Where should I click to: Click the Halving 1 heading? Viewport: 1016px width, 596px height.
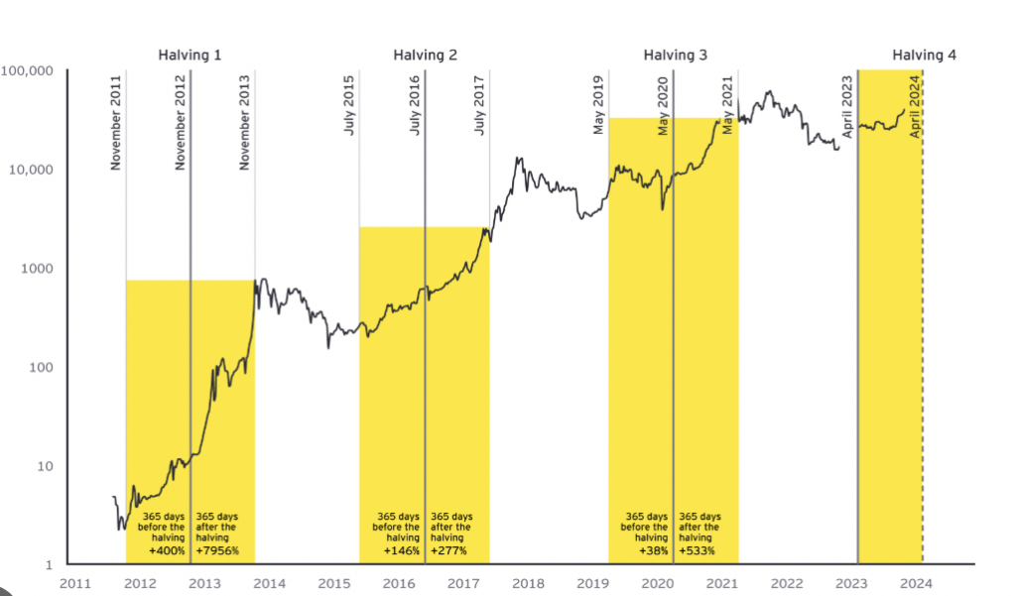coord(190,55)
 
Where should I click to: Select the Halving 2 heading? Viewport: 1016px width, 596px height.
coord(425,55)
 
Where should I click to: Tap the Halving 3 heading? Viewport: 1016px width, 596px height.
coord(675,55)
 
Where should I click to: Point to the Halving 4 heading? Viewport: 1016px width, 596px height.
coord(924,55)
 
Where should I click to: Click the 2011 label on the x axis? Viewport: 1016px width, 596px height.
coord(75,583)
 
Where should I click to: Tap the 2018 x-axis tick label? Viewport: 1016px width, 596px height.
coord(528,583)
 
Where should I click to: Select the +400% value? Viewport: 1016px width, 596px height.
coord(167,550)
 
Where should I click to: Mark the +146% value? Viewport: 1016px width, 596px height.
coord(401,550)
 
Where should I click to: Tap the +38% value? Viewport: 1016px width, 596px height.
coord(654,550)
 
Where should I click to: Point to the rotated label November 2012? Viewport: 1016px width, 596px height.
coord(181,121)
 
